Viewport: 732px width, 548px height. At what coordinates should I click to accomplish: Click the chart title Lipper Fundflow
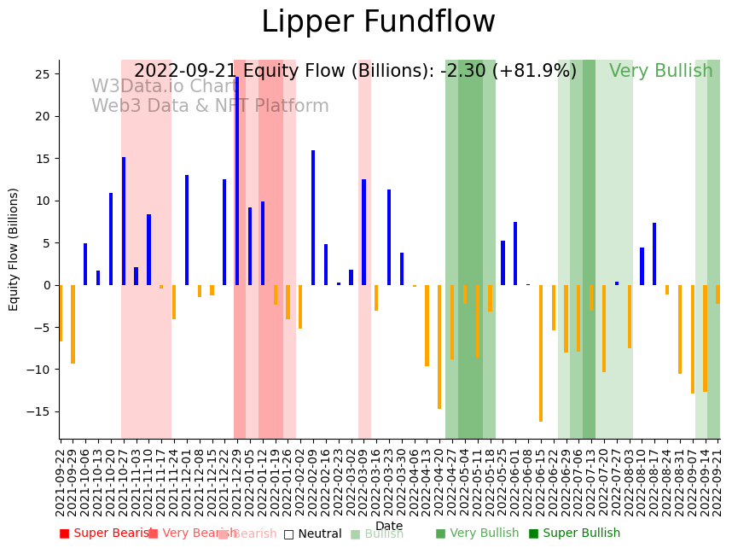point(378,23)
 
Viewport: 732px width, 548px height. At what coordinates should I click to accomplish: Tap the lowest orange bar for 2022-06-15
point(541,353)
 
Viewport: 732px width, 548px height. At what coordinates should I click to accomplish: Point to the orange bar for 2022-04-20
point(439,347)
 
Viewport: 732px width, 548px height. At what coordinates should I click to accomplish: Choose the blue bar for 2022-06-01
point(515,254)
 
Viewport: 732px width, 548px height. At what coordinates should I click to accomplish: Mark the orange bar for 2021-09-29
point(73,324)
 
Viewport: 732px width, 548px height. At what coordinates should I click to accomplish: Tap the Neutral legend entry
point(313,533)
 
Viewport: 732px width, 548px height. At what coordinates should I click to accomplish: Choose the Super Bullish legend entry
point(574,533)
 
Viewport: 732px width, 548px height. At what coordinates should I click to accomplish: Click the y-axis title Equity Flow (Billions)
point(14,249)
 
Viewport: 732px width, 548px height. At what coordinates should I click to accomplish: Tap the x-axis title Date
point(389,526)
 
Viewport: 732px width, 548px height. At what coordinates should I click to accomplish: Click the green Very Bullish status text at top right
point(660,72)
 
